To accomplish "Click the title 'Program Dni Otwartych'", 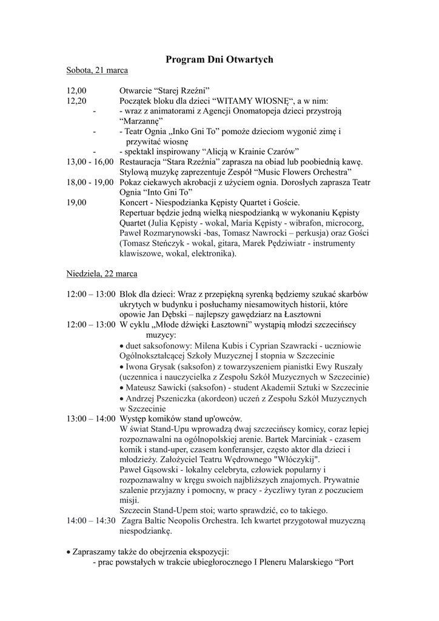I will coord(219,59).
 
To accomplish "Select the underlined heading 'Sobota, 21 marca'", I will coord(97,70).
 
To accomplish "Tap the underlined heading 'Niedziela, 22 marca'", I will coord(102,274).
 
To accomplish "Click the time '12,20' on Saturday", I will coord(76,101).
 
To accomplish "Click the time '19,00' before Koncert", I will coord(76,203).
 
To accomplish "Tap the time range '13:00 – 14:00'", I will coord(91,418).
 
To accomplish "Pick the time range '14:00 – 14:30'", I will coord(91,520).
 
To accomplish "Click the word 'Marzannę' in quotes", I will coord(142,121).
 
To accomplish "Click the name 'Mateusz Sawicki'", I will coord(156,388).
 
